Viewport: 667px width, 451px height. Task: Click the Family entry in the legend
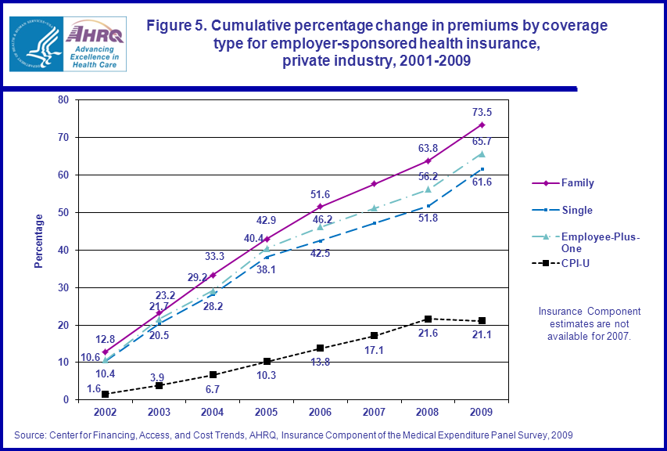pos(577,183)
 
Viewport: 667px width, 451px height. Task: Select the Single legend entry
pos(577,211)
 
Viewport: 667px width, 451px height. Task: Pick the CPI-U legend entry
pos(575,263)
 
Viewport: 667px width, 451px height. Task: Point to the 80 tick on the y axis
pos(63,99)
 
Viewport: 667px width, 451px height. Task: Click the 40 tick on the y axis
pos(63,250)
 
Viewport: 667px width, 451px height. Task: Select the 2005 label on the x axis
pos(267,411)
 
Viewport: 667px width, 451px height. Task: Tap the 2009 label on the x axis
pos(482,411)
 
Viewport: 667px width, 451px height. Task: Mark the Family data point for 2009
pos(482,124)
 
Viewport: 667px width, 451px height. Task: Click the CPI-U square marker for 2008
pos(428,319)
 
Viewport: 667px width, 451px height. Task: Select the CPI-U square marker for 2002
pos(105,394)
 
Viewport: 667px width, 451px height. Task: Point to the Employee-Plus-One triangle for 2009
pos(482,153)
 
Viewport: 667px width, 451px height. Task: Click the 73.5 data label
pos(482,112)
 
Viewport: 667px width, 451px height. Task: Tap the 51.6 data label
pos(321,193)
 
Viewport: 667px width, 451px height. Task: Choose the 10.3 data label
pos(267,376)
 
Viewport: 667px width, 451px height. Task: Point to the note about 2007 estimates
pos(589,323)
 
